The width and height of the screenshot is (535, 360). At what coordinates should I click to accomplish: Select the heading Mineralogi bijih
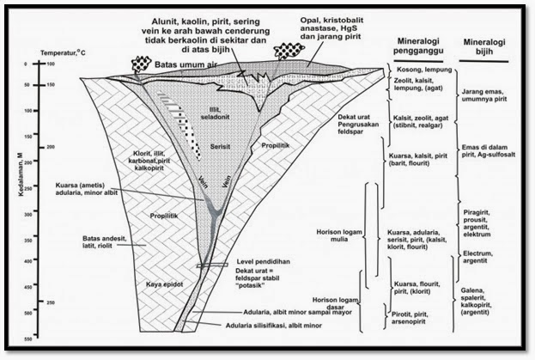click(x=483, y=47)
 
